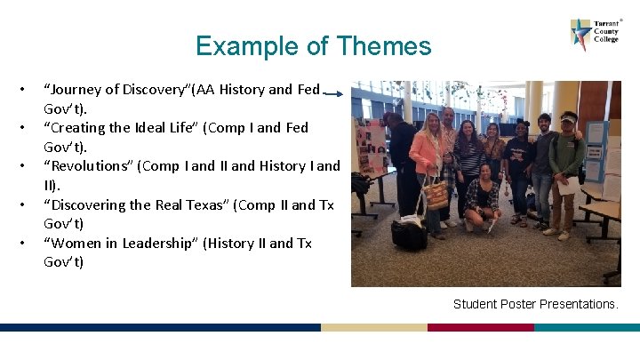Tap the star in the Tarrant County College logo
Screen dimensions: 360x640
(582, 34)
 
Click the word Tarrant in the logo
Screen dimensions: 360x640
(606, 23)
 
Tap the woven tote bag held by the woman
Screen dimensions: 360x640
(436, 194)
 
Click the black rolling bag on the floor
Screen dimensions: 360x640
(410, 233)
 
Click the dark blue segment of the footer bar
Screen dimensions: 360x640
(160, 327)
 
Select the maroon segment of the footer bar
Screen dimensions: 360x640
(480, 327)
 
